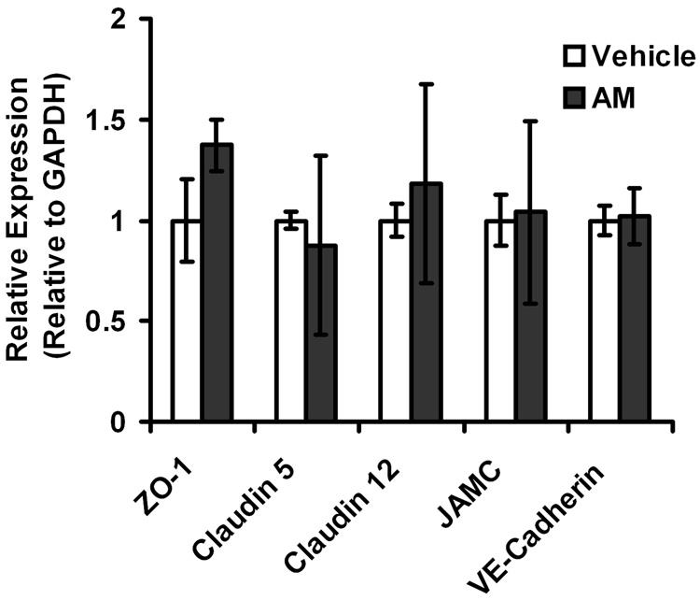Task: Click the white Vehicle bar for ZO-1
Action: tap(187, 321)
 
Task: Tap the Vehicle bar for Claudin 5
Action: tap(290, 321)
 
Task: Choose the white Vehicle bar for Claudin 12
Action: tap(395, 321)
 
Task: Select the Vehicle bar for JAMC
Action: tap(498, 321)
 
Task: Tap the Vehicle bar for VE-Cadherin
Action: tap(603, 321)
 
